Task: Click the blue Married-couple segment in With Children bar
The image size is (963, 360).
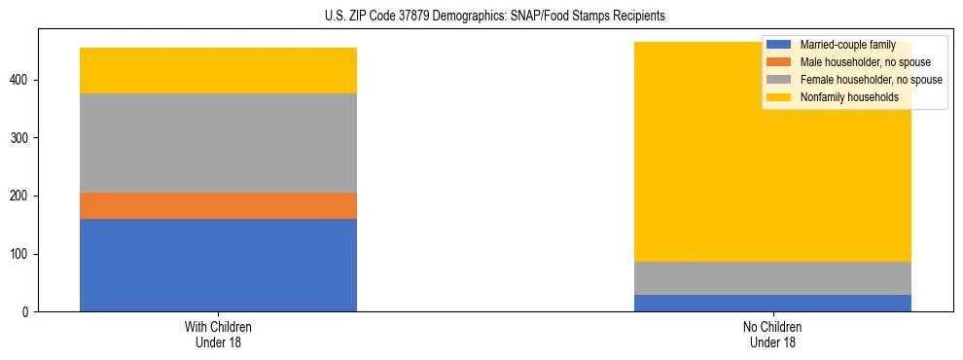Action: click(218, 265)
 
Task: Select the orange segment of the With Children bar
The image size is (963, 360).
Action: click(218, 205)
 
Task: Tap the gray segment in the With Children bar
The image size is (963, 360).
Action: click(218, 143)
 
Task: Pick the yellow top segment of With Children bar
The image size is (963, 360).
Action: click(218, 70)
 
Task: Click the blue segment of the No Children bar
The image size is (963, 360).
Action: click(772, 303)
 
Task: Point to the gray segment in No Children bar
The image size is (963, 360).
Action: click(772, 278)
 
